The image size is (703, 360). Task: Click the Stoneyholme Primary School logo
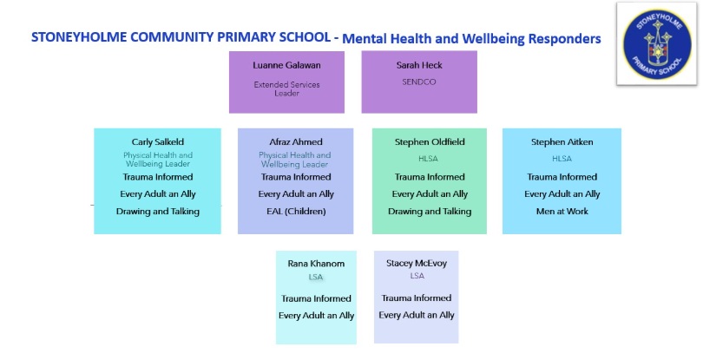[656, 44]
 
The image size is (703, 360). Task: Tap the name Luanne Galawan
[286, 65]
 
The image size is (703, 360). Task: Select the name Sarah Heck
[419, 65]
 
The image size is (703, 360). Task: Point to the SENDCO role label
[418, 82]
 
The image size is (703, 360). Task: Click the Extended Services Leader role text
[286, 88]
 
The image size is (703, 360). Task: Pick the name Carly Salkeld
[158, 142]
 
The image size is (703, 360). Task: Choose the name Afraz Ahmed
[295, 142]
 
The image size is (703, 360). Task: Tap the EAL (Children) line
[296, 212]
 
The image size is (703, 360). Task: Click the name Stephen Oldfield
[430, 142]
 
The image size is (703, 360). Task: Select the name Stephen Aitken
[562, 142]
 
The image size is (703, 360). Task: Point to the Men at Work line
[562, 212]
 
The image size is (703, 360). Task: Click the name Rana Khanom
[316, 264]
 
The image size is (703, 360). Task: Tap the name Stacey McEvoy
[417, 263]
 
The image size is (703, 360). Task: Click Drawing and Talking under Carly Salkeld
[158, 212]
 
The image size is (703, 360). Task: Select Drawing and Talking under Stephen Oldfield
[430, 212]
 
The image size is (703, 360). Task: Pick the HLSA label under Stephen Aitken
[562, 159]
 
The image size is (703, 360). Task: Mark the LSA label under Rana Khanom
[316, 277]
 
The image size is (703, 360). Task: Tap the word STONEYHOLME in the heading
[79, 37]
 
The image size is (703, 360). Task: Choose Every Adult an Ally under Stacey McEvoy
[417, 315]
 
